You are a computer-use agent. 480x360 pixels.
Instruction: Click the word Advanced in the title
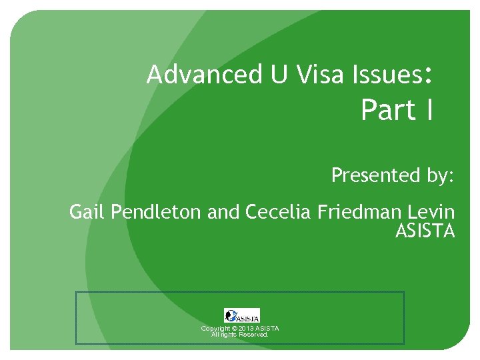click(x=189, y=75)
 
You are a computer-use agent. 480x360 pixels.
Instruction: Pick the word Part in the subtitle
click(x=387, y=110)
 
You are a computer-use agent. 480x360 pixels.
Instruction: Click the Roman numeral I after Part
click(x=428, y=110)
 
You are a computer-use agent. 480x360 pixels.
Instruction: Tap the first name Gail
click(x=88, y=213)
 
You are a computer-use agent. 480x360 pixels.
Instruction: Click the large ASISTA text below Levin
click(x=425, y=232)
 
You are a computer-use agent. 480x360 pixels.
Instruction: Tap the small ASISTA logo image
click(x=241, y=315)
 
